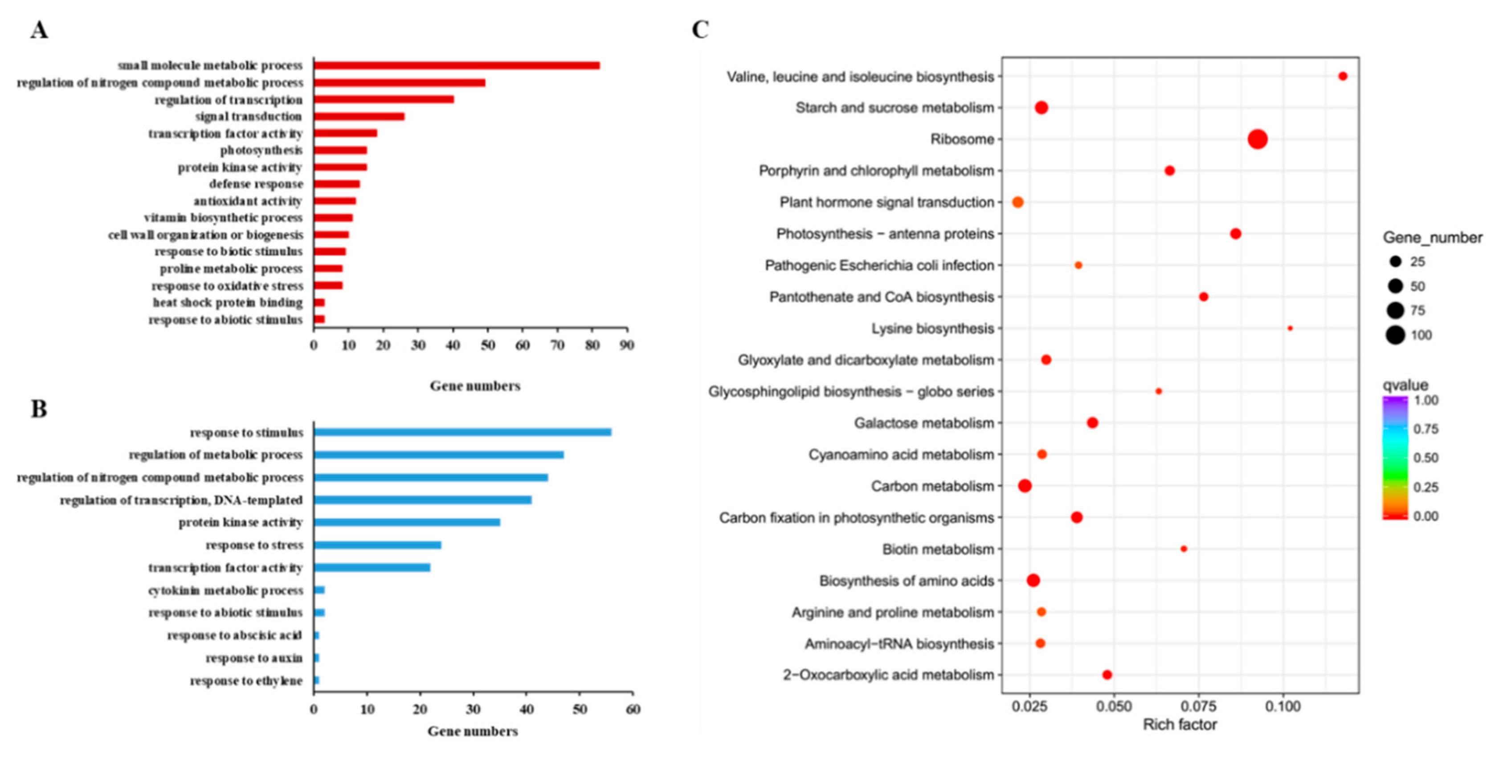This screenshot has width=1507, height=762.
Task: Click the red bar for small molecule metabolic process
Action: [456, 66]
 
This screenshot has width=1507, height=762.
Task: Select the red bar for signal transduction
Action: [359, 116]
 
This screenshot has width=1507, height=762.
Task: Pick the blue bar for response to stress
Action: [377, 545]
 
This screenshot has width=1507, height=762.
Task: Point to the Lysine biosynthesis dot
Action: [1290, 328]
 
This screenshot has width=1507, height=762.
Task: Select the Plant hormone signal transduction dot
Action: [1018, 202]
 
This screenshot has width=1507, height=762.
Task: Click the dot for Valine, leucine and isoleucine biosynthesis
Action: [1343, 76]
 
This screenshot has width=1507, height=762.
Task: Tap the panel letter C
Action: [700, 29]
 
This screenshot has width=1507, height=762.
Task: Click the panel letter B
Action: [39, 409]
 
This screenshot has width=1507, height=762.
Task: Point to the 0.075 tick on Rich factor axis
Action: [1199, 706]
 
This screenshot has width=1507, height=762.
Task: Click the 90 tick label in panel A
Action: [627, 345]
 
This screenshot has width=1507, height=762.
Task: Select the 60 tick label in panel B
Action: [633, 710]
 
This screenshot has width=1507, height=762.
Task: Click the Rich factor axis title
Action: [1180, 725]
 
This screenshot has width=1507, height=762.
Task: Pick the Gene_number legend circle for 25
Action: [1395, 262]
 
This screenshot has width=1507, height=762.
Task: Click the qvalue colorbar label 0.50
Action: [1425, 458]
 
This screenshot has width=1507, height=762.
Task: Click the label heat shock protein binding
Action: [228, 303]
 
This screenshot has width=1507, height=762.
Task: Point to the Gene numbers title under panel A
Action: [475, 386]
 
